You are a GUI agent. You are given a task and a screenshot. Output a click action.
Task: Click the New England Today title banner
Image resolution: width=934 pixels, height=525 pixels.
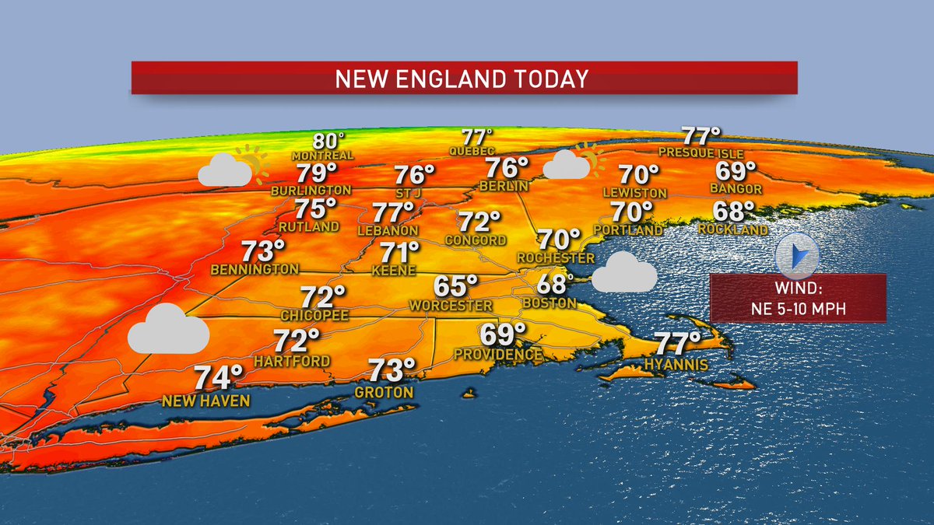tap(464, 78)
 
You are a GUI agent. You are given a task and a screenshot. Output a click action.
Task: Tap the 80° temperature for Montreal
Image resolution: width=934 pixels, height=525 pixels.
tap(328, 141)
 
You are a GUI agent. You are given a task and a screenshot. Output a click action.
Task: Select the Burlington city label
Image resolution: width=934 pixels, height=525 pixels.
tap(311, 190)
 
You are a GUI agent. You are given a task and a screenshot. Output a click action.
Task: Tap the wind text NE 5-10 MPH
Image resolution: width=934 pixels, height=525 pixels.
tap(798, 309)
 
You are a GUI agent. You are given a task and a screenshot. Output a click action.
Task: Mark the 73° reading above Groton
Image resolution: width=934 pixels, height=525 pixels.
tap(392, 369)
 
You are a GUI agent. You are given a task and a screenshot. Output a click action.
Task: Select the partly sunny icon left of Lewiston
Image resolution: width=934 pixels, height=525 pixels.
tap(574, 163)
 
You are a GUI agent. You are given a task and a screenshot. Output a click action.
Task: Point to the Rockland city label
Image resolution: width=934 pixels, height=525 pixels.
tap(732, 229)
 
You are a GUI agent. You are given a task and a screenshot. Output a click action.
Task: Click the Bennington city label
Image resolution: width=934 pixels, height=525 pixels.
tap(255, 269)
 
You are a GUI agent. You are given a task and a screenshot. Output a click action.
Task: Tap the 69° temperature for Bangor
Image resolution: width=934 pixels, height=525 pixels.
tap(736, 170)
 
